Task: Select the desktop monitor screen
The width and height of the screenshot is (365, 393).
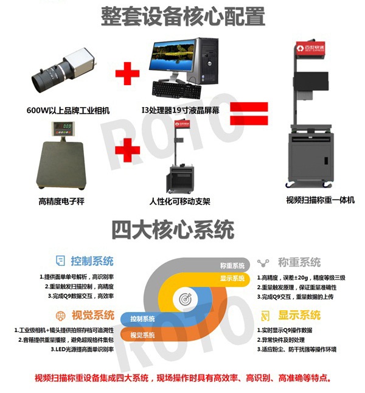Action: [x=173, y=55]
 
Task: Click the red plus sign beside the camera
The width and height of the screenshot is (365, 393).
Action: [x=127, y=74]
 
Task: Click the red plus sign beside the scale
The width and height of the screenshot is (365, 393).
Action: [x=127, y=150]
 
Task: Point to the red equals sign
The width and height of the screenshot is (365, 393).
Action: [x=249, y=114]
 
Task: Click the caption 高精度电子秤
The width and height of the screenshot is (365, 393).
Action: [x=61, y=201]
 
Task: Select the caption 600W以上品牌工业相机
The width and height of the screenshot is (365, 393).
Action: [x=68, y=111]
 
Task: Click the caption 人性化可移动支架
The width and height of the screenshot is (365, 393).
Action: [x=179, y=201]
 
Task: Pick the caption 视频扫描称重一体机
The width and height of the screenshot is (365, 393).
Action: [x=321, y=200]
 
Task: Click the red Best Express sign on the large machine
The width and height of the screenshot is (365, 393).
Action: [x=311, y=47]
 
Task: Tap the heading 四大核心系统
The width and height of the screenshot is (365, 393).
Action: [x=173, y=229]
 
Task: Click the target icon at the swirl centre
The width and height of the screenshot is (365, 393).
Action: [x=186, y=299]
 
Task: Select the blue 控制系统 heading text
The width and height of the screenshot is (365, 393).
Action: [x=92, y=261]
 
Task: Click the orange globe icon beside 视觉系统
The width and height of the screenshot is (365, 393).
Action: [x=60, y=316]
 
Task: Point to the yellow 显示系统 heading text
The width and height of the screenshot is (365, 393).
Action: [x=299, y=315]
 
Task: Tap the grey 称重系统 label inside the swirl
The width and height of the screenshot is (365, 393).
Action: [x=232, y=266]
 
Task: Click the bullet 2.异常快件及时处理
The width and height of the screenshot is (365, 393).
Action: [x=281, y=340]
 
